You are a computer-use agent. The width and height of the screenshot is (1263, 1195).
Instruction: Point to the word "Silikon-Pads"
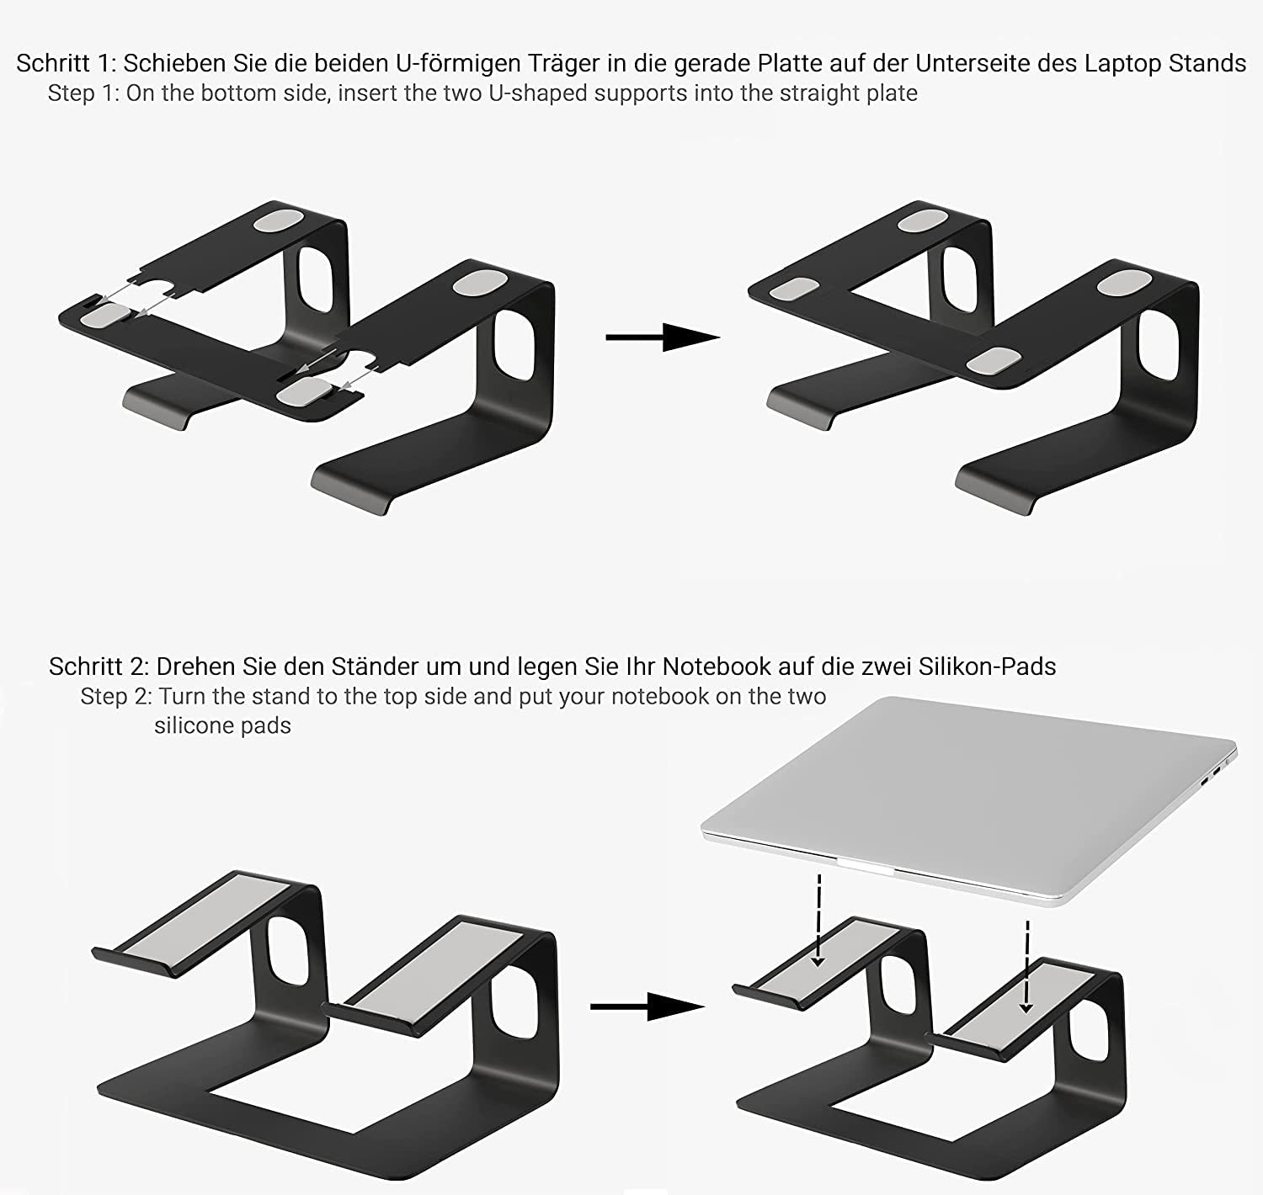[x=987, y=667]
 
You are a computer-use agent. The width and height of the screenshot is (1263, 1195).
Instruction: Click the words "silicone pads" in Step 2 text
[x=222, y=725]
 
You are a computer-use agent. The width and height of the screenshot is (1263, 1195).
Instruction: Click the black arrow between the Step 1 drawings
[x=663, y=337]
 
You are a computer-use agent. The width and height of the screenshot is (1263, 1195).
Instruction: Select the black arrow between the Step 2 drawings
[x=647, y=1006]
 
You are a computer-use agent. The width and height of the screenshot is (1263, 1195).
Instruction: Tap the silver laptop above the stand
[x=969, y=800]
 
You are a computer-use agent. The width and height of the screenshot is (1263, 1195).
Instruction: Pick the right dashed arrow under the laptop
[x=1026, y=967]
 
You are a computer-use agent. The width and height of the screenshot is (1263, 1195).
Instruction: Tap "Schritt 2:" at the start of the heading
[x=99, y=667]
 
